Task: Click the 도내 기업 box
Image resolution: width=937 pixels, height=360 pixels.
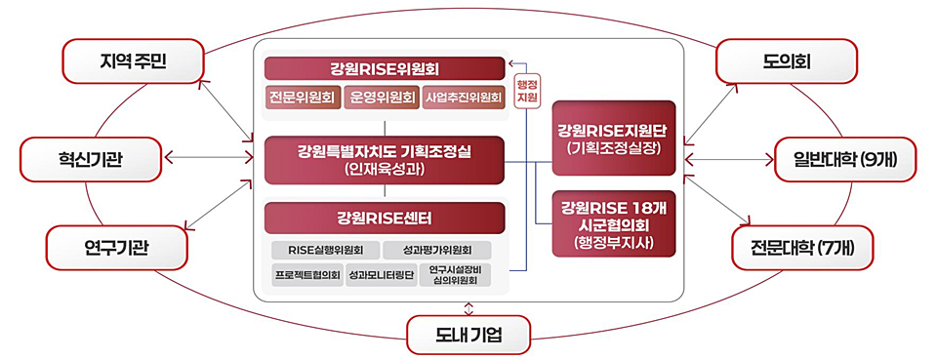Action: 468,336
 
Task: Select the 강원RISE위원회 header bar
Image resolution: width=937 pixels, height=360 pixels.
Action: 385,69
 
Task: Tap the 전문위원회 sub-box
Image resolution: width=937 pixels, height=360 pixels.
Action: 302,98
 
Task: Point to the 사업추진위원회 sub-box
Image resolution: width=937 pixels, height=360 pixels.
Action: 463,98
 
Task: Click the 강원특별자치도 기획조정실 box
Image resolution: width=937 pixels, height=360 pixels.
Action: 385,160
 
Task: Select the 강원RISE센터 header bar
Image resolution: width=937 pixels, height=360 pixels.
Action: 385,216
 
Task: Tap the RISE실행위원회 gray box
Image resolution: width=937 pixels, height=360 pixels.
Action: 325,249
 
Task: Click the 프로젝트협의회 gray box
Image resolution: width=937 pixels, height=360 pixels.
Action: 306,276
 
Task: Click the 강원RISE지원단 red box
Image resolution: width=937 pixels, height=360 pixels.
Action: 613,138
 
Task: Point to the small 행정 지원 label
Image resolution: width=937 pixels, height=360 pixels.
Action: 527,89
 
